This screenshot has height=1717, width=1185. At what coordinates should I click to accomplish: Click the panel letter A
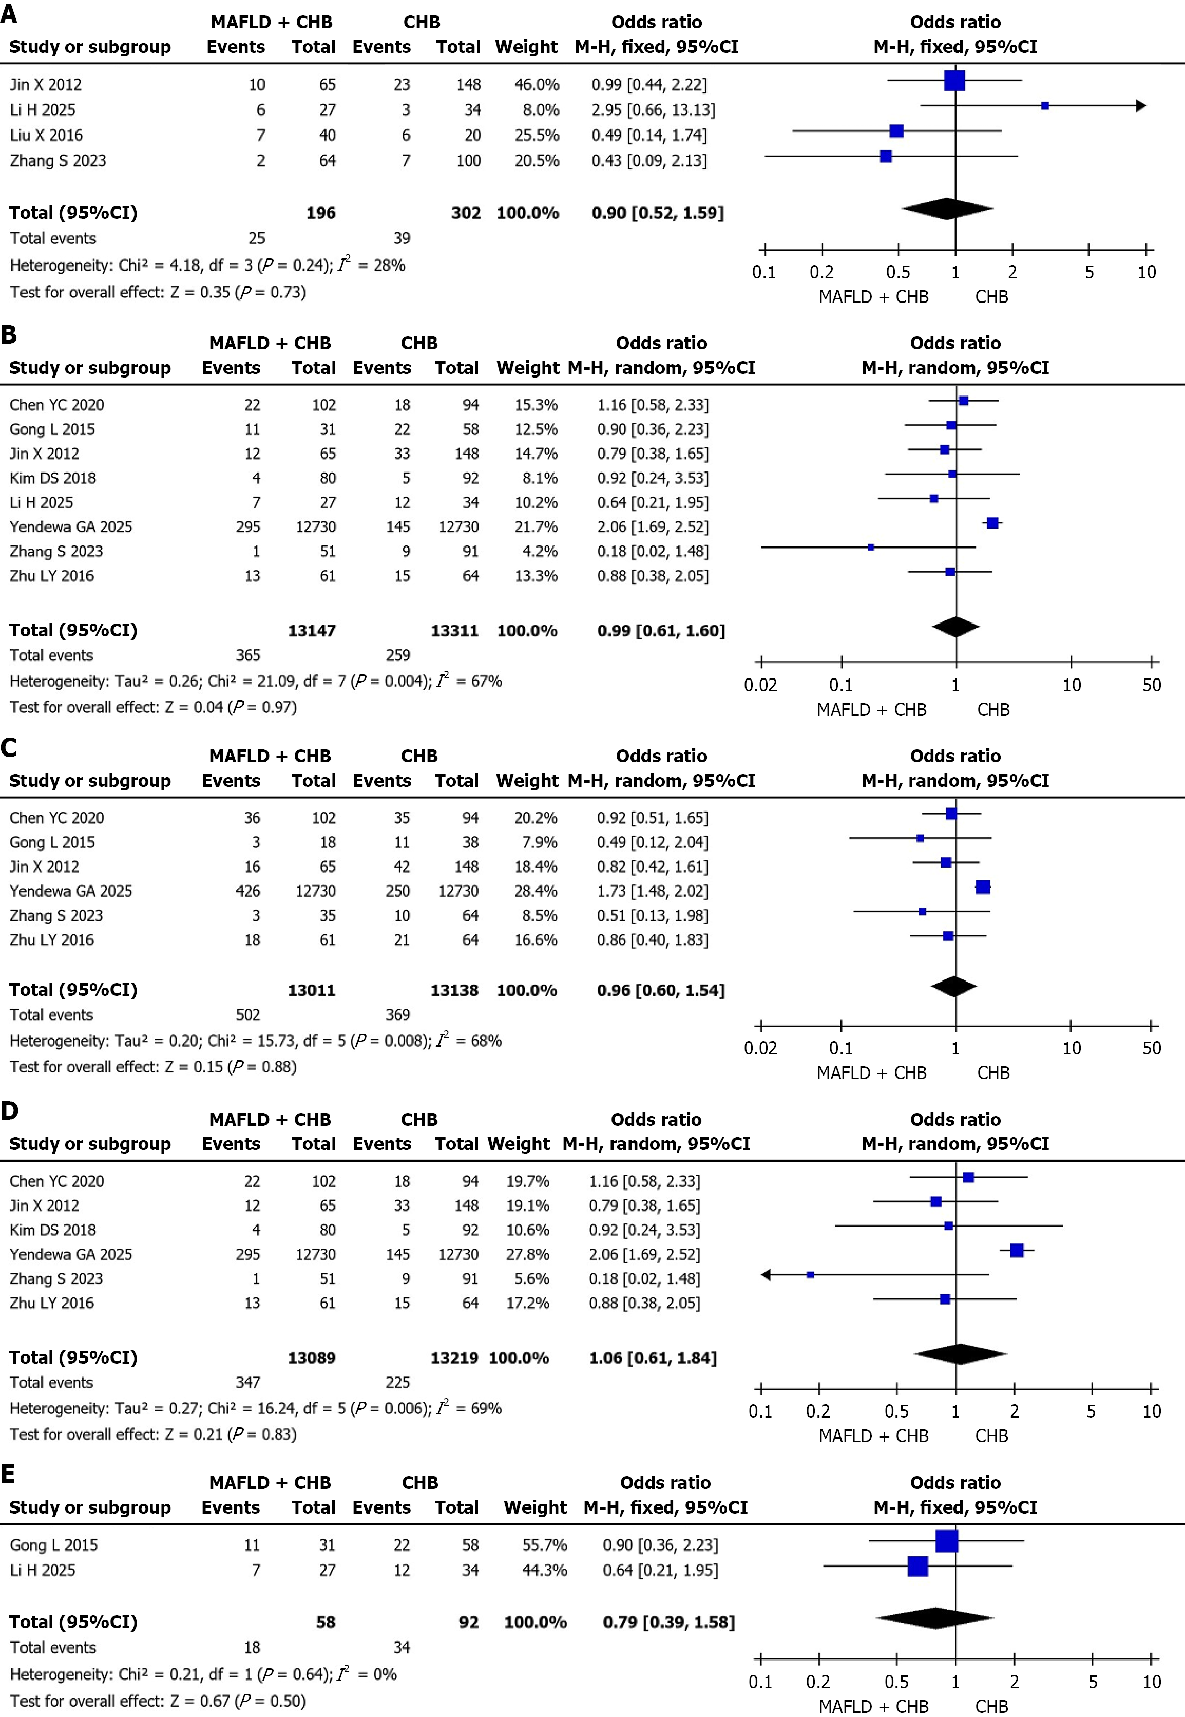click(x=9, y=14)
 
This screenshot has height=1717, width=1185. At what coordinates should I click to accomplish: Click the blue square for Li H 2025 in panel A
click(x=1045, y=106)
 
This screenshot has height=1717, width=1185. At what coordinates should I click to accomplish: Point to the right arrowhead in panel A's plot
click(x=1141, y=106)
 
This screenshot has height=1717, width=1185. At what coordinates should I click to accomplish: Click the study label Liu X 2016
click(x=46, y=135)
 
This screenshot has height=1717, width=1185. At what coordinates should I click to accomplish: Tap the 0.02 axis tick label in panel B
click(x=760, y=685)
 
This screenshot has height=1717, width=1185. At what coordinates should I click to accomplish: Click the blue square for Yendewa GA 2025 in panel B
click(x=992, y=523)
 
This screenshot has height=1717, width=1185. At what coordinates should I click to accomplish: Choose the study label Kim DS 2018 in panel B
click(x=53, y=478)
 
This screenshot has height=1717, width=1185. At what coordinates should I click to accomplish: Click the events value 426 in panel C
click(x=248, y=891)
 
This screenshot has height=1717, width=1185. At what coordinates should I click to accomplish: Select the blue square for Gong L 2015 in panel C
click(x=921, y=838)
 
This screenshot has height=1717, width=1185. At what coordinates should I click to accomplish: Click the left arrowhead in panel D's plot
click(x=766, y=1274)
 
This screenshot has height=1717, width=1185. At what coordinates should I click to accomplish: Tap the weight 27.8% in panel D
click(x=528, y=1254)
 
